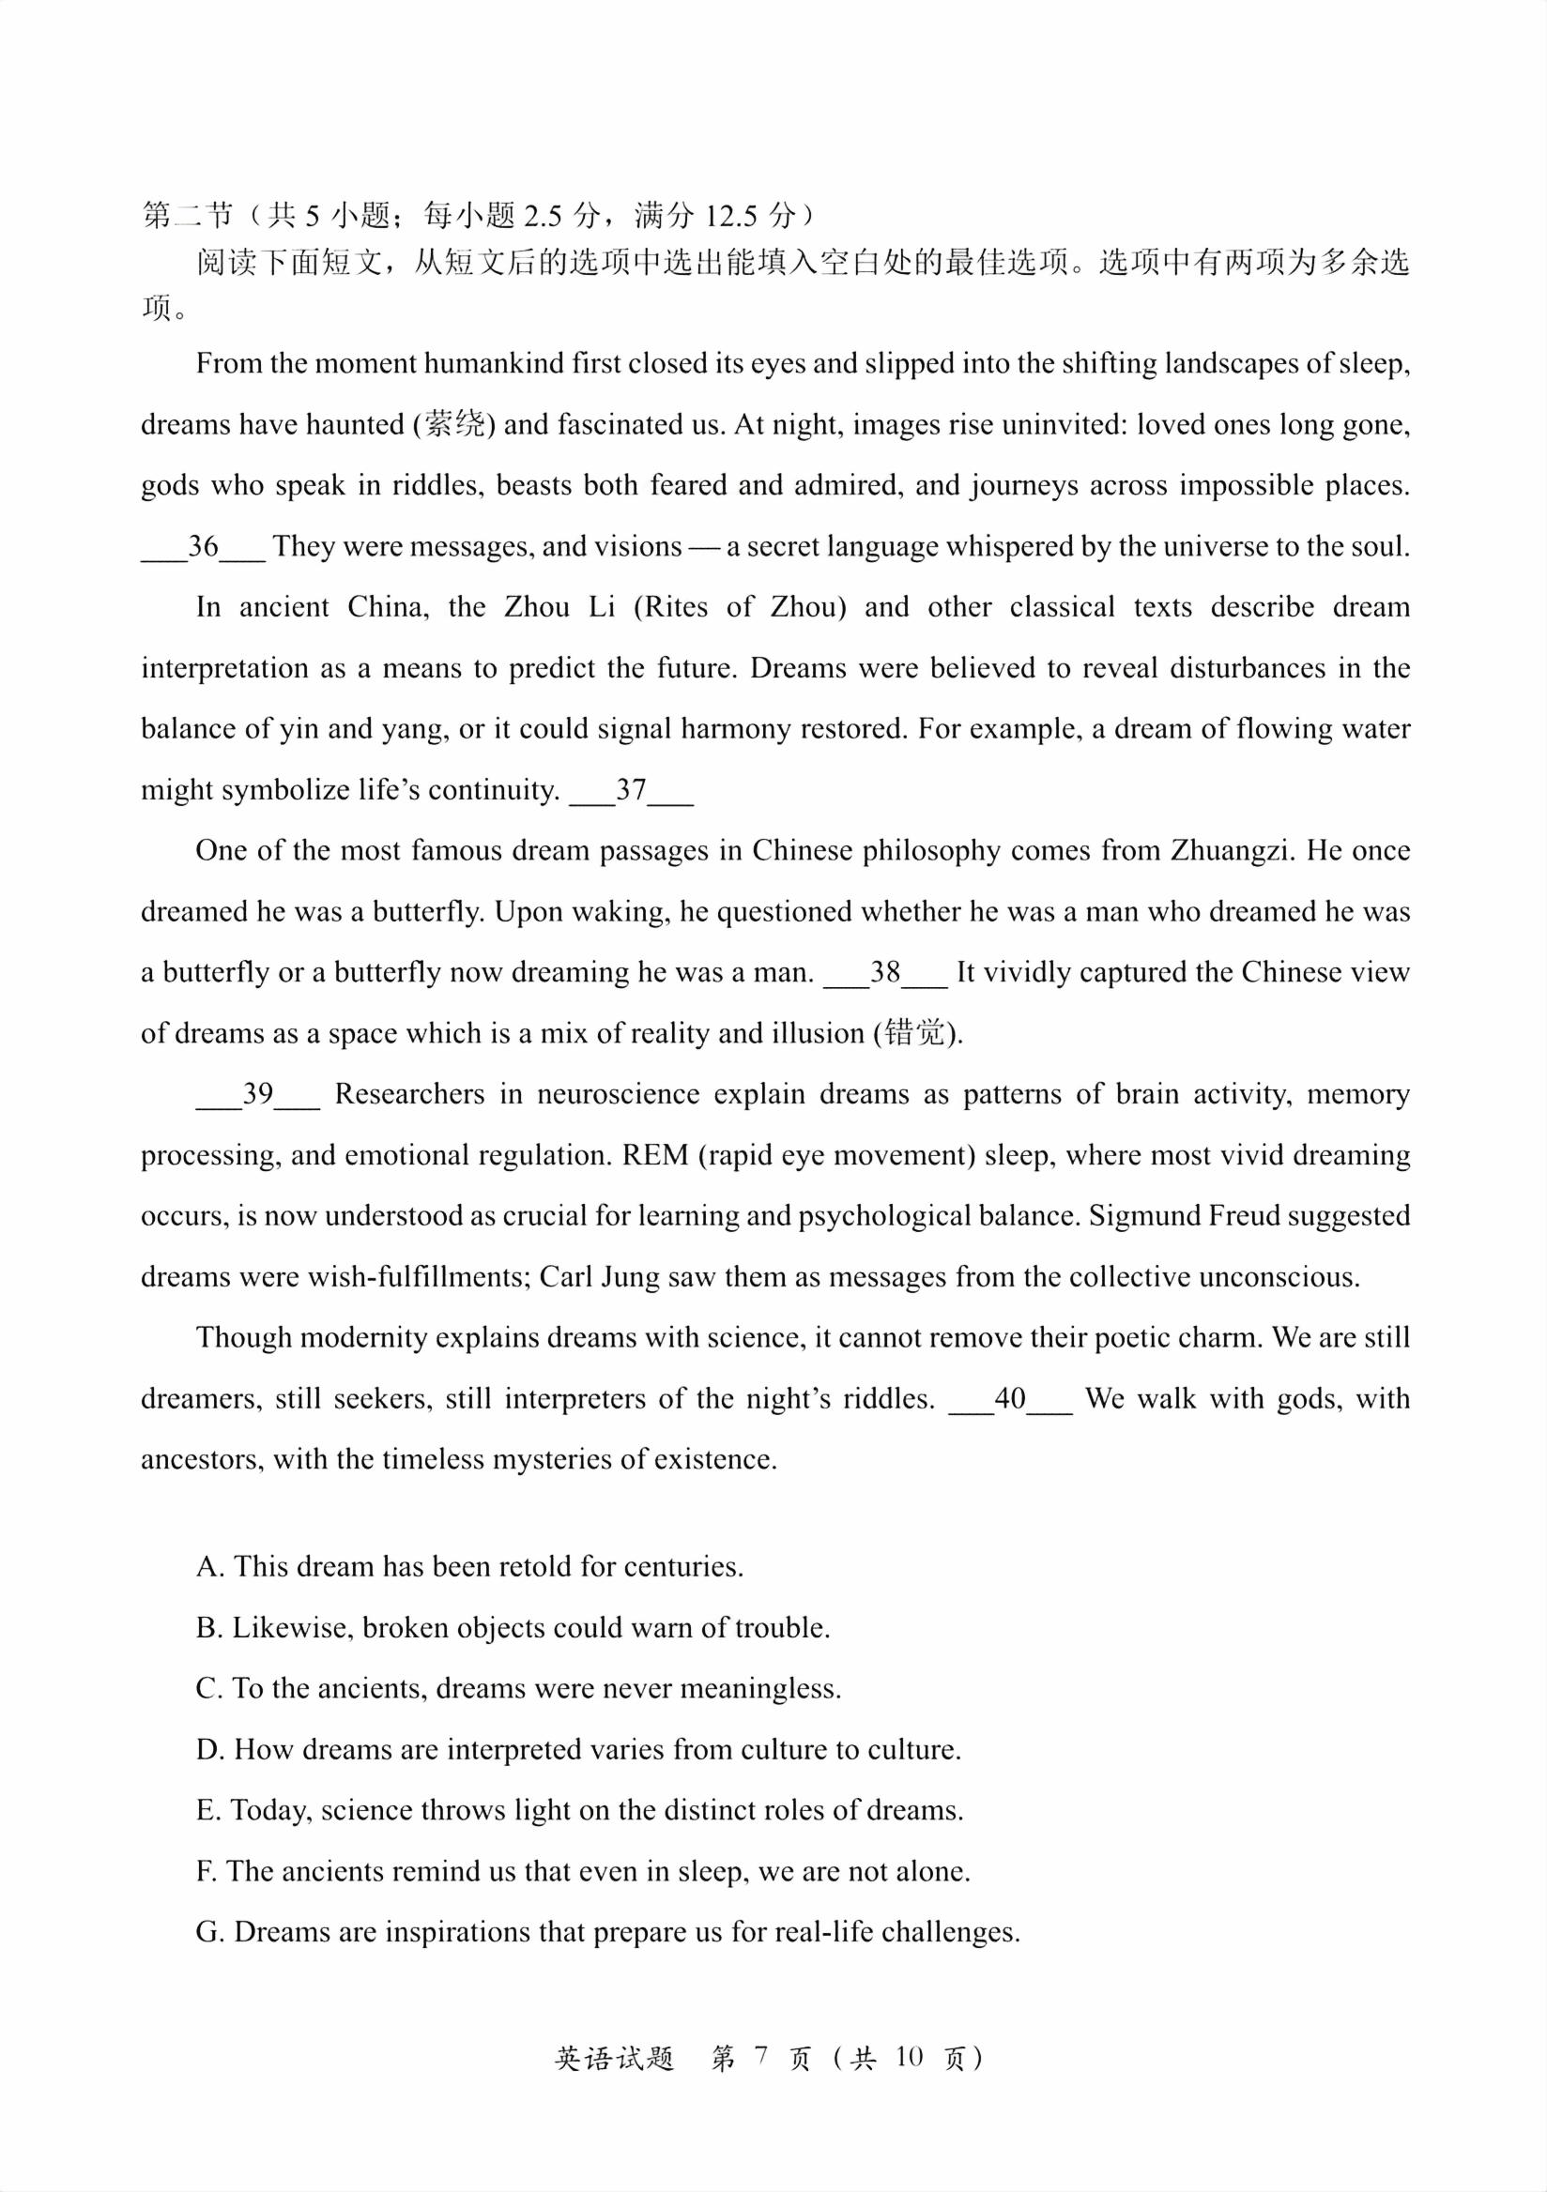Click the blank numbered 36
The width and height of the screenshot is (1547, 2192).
[x=203, y=547]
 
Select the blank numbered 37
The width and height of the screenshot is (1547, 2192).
[x=631, y=790]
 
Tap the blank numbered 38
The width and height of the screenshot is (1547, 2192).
[x=885, y=973]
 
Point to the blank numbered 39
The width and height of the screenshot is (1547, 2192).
[x=258, y=1094]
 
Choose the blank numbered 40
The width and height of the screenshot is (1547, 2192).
[x=1010, y=1399]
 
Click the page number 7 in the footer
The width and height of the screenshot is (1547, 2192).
[x=760, y=2057]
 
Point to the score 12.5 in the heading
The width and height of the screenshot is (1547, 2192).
[x=730, y=217]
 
